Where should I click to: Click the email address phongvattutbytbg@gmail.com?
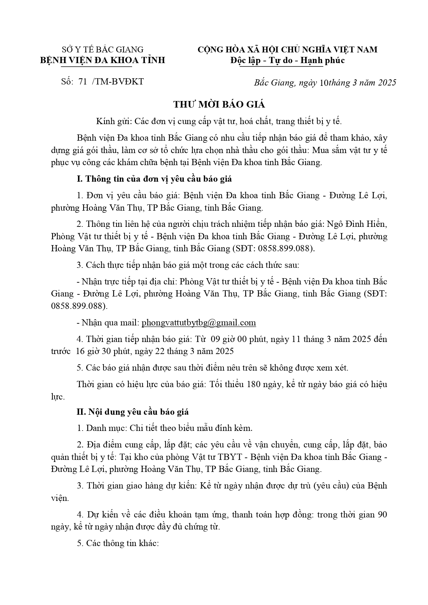point(199,323)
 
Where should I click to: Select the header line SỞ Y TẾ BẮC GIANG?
point(102,50)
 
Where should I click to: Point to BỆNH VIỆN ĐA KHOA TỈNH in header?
point(102,60)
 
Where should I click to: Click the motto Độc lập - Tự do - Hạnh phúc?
point(288,60)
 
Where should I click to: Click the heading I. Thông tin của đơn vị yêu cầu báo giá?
point(154,179)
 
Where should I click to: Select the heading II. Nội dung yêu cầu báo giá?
point(132,412)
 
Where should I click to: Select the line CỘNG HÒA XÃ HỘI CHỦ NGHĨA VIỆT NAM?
point(287,50)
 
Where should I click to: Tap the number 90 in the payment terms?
point(382,515)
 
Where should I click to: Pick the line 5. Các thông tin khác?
point(118,543)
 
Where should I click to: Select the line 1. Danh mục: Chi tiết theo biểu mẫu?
point(165,428)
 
